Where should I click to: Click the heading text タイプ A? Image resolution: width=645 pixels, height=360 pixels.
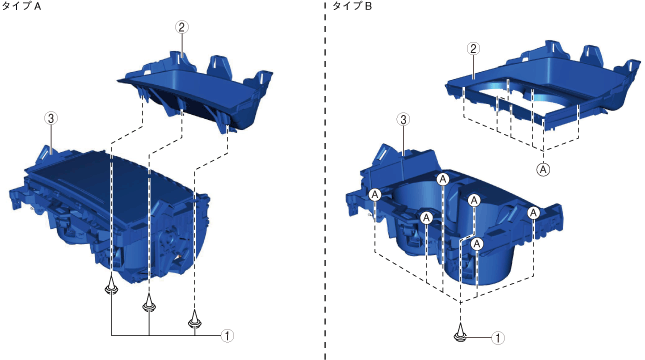(x=21, y=6)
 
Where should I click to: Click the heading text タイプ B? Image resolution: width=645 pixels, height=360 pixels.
(x=352, y=6)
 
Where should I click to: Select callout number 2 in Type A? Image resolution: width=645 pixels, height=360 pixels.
(x=181, y=27)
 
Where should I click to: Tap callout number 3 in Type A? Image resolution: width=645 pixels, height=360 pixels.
(x=51, y=118)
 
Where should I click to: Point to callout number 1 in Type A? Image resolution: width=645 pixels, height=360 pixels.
(x=227, y=335)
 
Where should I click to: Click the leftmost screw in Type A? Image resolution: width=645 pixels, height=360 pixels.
(x=111, y=286)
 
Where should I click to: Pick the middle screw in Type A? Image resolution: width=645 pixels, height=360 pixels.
(x=149, y=304)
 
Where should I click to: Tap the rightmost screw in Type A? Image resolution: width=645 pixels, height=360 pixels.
(x=195, y=320)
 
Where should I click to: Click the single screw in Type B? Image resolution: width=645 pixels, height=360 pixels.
(x=460, y=333)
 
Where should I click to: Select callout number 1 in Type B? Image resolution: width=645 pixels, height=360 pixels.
(x=498, y=338)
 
